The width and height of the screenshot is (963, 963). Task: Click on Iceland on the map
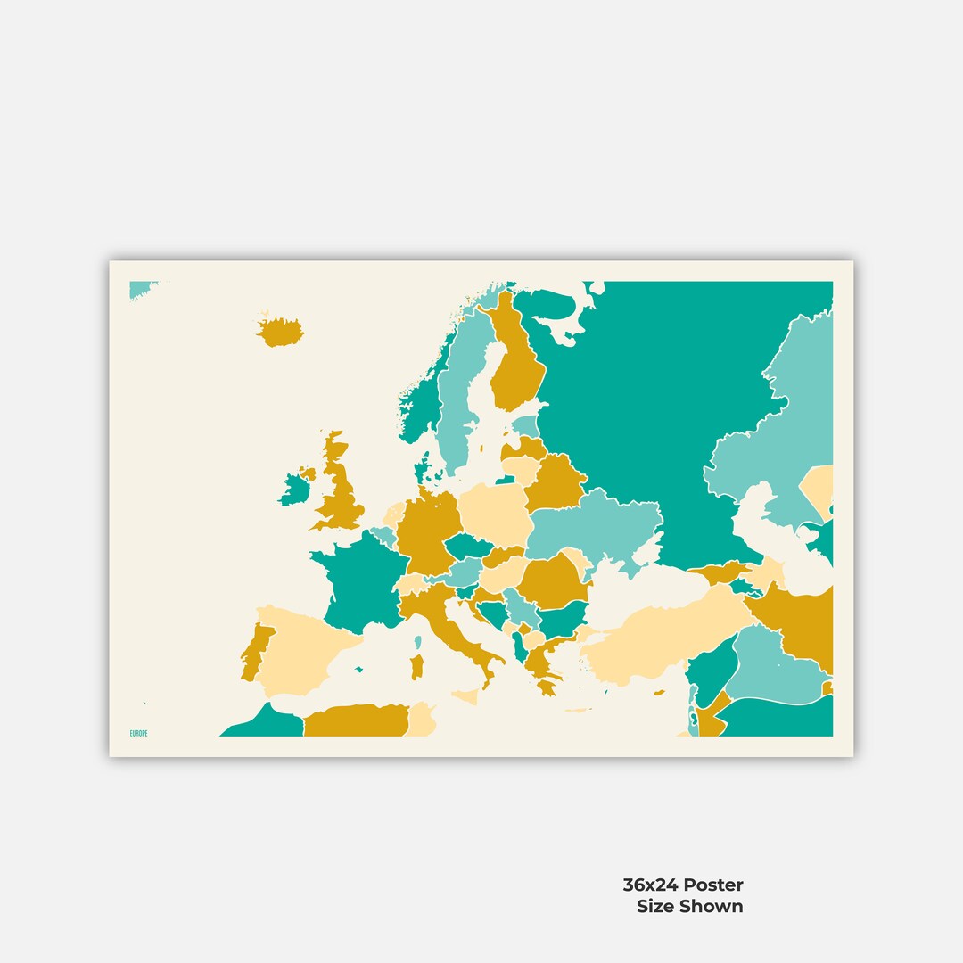coord(279,332)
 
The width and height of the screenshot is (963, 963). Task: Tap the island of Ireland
coord(294,490)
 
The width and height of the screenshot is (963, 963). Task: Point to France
coord(357,580)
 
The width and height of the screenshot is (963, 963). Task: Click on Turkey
coord(660,638)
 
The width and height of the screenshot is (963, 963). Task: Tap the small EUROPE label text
coord(139,733)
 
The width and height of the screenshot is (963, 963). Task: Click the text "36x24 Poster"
coord(682,885)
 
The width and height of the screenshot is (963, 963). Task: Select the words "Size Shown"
coord(689,906)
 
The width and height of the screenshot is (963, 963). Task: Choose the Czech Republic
coord(467,546)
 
